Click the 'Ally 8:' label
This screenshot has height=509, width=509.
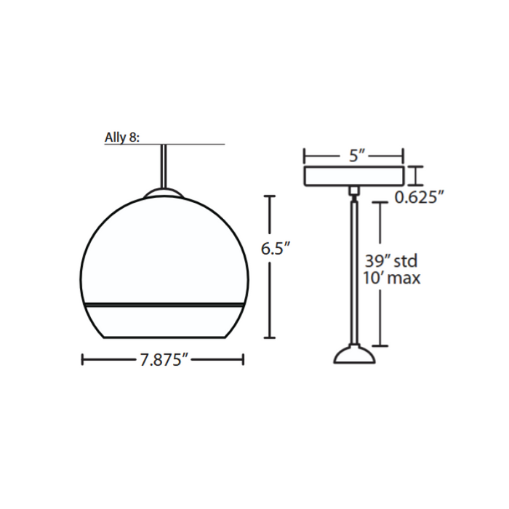click(121, 137)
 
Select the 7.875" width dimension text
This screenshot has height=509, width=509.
click(164, 360)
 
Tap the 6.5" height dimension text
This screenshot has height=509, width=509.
click(276, 249)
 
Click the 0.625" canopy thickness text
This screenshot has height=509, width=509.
click(419, 197)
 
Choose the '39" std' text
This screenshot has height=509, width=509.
click(391, 260)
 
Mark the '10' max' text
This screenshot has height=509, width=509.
click(391, 278)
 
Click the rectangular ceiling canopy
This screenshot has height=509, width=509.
click(354, 176)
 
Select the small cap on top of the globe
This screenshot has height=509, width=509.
click(164, 192)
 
